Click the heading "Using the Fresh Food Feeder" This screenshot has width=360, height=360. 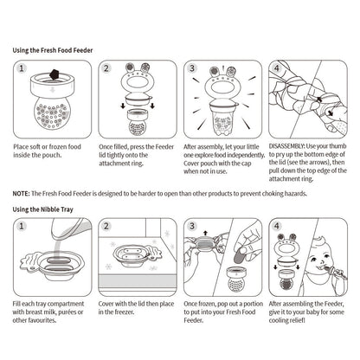(x=53, y=50)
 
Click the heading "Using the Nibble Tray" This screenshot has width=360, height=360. (x=42, y=209)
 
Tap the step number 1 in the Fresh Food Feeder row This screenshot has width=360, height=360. (x=22, y=68)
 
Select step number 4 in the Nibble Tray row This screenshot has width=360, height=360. (x=277, y=226)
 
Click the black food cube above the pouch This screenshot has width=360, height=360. (x=54, y=74)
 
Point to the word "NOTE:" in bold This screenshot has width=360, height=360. (x=21, y=194)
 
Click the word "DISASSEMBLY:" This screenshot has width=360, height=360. (x=286, y=146)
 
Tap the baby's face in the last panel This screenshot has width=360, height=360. (x=319, y=254)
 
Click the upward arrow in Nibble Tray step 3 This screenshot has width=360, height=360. (x=205, y=233)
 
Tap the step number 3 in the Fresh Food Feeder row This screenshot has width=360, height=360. (x=192, y=68)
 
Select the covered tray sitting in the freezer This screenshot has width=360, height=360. (x=136, y=255)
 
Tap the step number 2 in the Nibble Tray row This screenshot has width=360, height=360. (x=106, y=226)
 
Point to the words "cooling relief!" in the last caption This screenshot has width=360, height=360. (x=287, y=320)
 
